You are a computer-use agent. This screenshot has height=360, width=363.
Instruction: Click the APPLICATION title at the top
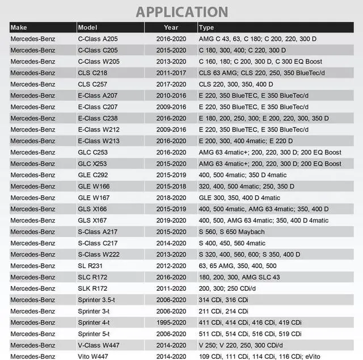[x=181, y=11]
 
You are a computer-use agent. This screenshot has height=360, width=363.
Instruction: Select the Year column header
[x=171, y=27]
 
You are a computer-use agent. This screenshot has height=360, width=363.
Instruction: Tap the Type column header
[x=207, y=27]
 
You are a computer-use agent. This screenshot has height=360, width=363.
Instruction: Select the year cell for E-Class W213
[x=171, y=141]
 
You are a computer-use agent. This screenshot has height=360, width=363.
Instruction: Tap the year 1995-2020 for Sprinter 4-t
[x=171, y=323]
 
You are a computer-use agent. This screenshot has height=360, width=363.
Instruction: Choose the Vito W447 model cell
[x=95, y=357]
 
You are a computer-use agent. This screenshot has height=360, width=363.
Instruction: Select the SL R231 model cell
[x=92, y=266]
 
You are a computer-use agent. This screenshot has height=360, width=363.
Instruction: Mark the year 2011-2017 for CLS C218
[x=171, y=73]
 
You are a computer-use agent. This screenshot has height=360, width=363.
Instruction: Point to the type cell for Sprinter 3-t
[x=223, y=311]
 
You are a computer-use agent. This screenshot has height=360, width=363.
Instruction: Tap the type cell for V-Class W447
[x=241, y=345]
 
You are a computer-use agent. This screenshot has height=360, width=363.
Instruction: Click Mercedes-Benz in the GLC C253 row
[x=33, y=152]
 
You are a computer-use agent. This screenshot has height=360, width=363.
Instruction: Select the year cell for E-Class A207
[x=171, y=95]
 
